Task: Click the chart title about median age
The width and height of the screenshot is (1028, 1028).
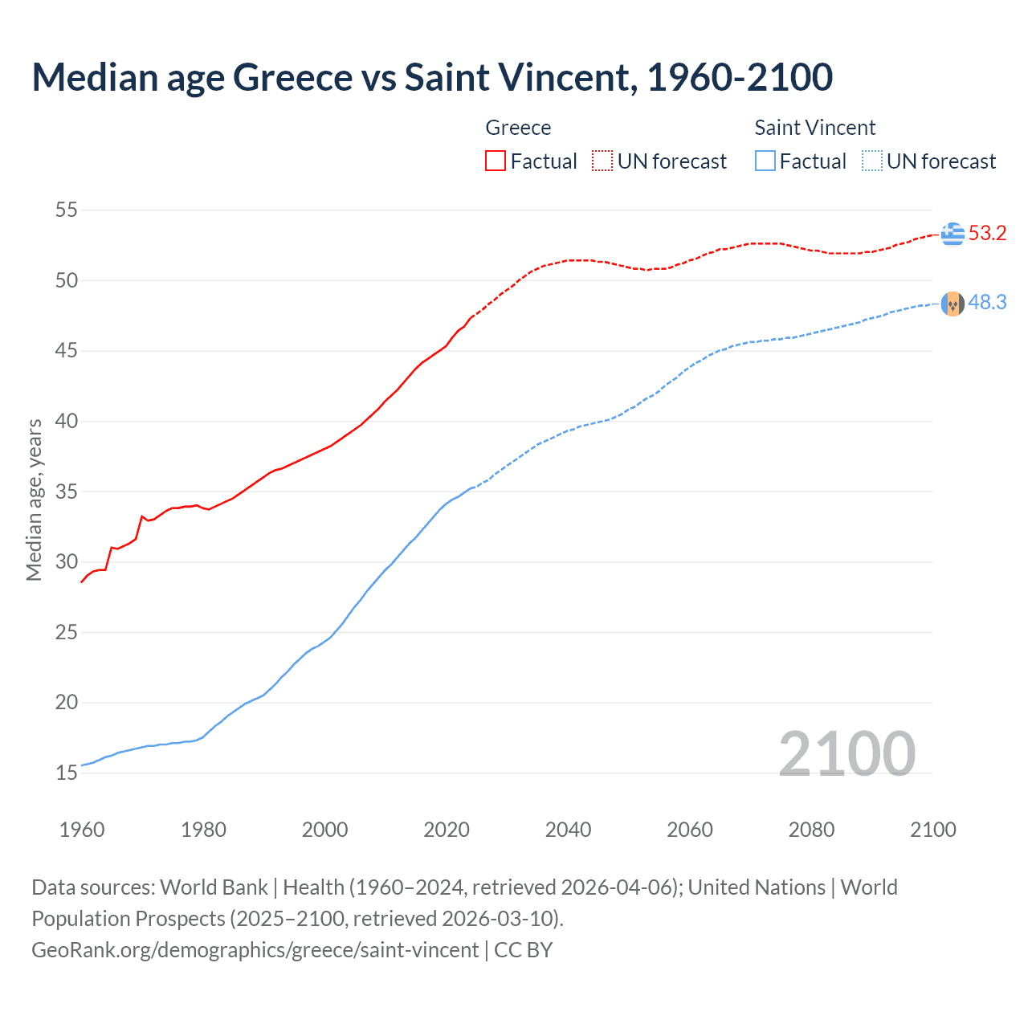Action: (x=432, y=77)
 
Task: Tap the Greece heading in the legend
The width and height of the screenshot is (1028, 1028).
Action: (x=518, y=128)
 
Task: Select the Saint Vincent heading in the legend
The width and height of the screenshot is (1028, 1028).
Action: (x=814, y=128)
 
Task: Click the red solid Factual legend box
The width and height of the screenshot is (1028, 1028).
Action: (x=496, y=161)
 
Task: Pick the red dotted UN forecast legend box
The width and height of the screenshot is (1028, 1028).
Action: (x=602, y=161)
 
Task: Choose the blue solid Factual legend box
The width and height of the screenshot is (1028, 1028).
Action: (x=765, y=161)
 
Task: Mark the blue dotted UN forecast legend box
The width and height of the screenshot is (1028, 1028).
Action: (x=871, y=161)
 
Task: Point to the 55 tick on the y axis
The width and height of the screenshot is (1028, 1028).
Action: (x=67, y=210)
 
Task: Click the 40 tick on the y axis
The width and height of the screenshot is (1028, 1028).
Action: (x=67, y=421)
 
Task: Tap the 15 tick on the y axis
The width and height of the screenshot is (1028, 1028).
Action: (x=67, y=773)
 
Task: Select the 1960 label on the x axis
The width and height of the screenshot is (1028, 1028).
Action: (x=82, y=830)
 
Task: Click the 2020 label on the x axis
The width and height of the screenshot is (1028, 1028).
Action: (x=447, y=830)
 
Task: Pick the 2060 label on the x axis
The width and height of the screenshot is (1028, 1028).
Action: (x=690, y=830)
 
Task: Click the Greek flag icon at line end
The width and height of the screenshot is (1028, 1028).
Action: (x=953, y=234)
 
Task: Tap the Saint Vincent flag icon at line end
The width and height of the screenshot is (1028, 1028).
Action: (x=953, y=304)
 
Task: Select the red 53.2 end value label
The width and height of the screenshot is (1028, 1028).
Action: (x=987, y=234)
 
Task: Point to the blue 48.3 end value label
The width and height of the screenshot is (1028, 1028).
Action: (x=987, y=303)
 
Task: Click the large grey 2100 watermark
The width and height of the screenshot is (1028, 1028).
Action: (x=846, y=753)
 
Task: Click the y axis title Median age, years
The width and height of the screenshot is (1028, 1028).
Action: (x=34, y=500)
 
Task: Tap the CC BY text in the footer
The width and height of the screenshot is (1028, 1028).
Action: (x=523, y=950)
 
